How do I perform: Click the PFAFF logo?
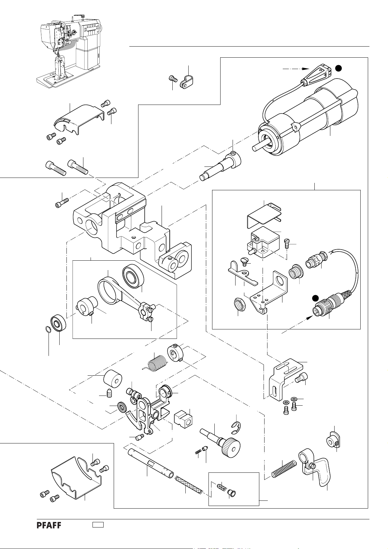[49, 525]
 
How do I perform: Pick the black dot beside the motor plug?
[338, 68]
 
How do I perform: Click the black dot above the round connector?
[315, 298]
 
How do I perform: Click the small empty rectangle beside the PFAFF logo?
[98, 525]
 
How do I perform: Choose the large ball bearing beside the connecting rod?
[133, 276]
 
